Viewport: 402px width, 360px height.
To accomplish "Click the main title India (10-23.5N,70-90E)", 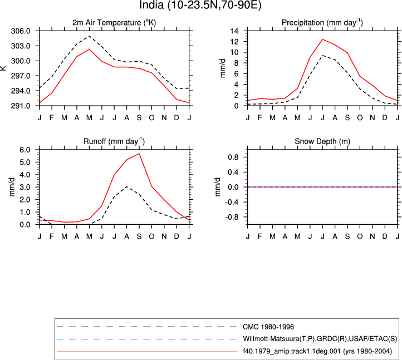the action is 200,5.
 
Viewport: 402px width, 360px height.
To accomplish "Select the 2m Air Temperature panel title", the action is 114,23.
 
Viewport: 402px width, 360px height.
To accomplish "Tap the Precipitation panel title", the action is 322,23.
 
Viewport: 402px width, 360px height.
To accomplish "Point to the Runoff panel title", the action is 114,141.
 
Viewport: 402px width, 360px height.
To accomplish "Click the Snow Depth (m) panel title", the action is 322,141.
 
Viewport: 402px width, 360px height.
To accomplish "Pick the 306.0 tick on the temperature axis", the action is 21,31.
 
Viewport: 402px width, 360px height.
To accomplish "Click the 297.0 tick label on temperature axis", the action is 21,76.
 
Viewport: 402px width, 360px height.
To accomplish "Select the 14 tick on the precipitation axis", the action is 234,31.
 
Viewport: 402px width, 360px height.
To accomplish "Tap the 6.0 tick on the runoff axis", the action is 25,150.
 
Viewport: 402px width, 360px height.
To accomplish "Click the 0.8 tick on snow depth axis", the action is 233,157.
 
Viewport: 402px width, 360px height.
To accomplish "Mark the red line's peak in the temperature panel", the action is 89,49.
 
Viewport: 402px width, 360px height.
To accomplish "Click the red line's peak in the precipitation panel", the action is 322,39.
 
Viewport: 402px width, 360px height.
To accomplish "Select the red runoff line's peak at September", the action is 139,154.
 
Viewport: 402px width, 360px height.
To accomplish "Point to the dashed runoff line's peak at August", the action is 126,186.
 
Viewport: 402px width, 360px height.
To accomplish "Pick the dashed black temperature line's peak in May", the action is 89,36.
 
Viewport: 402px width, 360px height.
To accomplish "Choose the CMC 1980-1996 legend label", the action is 268,327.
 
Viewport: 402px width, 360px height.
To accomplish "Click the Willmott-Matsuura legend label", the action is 320,339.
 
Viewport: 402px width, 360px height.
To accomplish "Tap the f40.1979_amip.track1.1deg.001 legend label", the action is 317,351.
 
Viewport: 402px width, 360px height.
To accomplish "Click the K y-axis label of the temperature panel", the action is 3,68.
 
